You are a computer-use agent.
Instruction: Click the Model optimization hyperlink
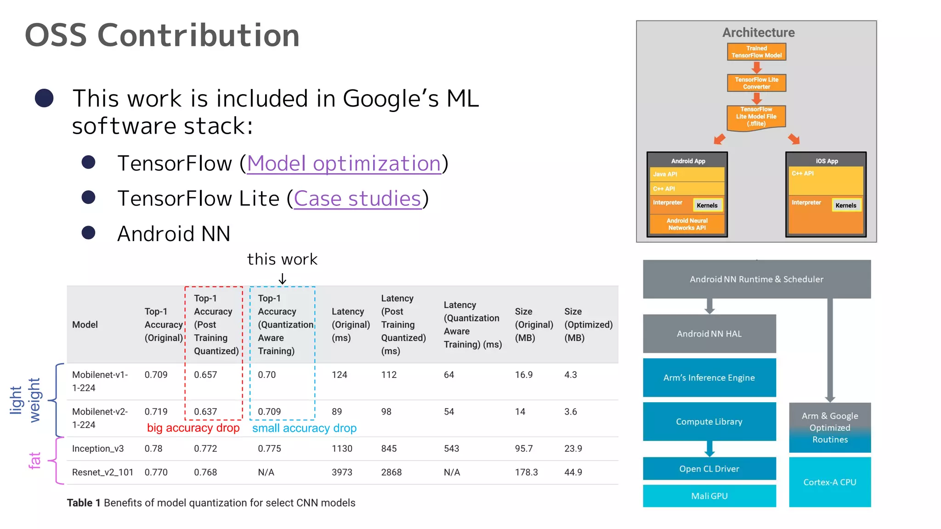pos(344,163)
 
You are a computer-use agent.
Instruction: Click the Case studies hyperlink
pos(357,198)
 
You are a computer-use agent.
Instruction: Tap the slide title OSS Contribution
pos(162,35)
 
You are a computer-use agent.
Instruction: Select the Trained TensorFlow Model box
pos(756,52)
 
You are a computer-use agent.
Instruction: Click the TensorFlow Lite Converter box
pos(756,83)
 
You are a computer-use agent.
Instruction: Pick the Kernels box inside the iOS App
pos(845,205)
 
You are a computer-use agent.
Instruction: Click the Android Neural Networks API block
pos(687,224)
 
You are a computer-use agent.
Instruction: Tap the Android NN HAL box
pos(709,334)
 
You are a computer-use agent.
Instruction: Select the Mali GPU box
pos(709,496)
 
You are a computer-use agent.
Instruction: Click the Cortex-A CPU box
pos(829,482)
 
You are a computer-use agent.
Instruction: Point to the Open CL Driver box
pos(709,469)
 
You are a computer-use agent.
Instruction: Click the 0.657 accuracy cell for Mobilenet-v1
pos(205,375)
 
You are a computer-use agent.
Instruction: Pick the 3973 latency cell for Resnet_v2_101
pos(342,472)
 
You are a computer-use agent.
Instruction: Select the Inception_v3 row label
pos(98,449)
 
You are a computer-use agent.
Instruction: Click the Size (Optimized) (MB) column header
pos(588,324)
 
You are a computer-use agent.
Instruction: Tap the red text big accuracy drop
pos(193,428)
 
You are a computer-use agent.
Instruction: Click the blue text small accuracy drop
pos(304,428)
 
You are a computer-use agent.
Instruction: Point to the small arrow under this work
pos(283,279)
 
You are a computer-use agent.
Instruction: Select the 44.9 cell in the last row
pos(573,472)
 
